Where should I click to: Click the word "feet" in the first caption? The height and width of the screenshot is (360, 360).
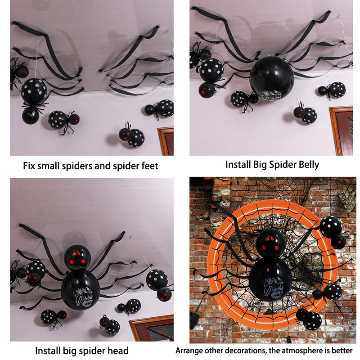(150, 166)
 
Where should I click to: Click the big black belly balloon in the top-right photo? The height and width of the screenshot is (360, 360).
(272, 78)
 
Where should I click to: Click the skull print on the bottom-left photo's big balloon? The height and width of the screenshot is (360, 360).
(83, 297)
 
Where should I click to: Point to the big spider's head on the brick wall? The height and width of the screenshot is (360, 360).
(270, 243)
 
